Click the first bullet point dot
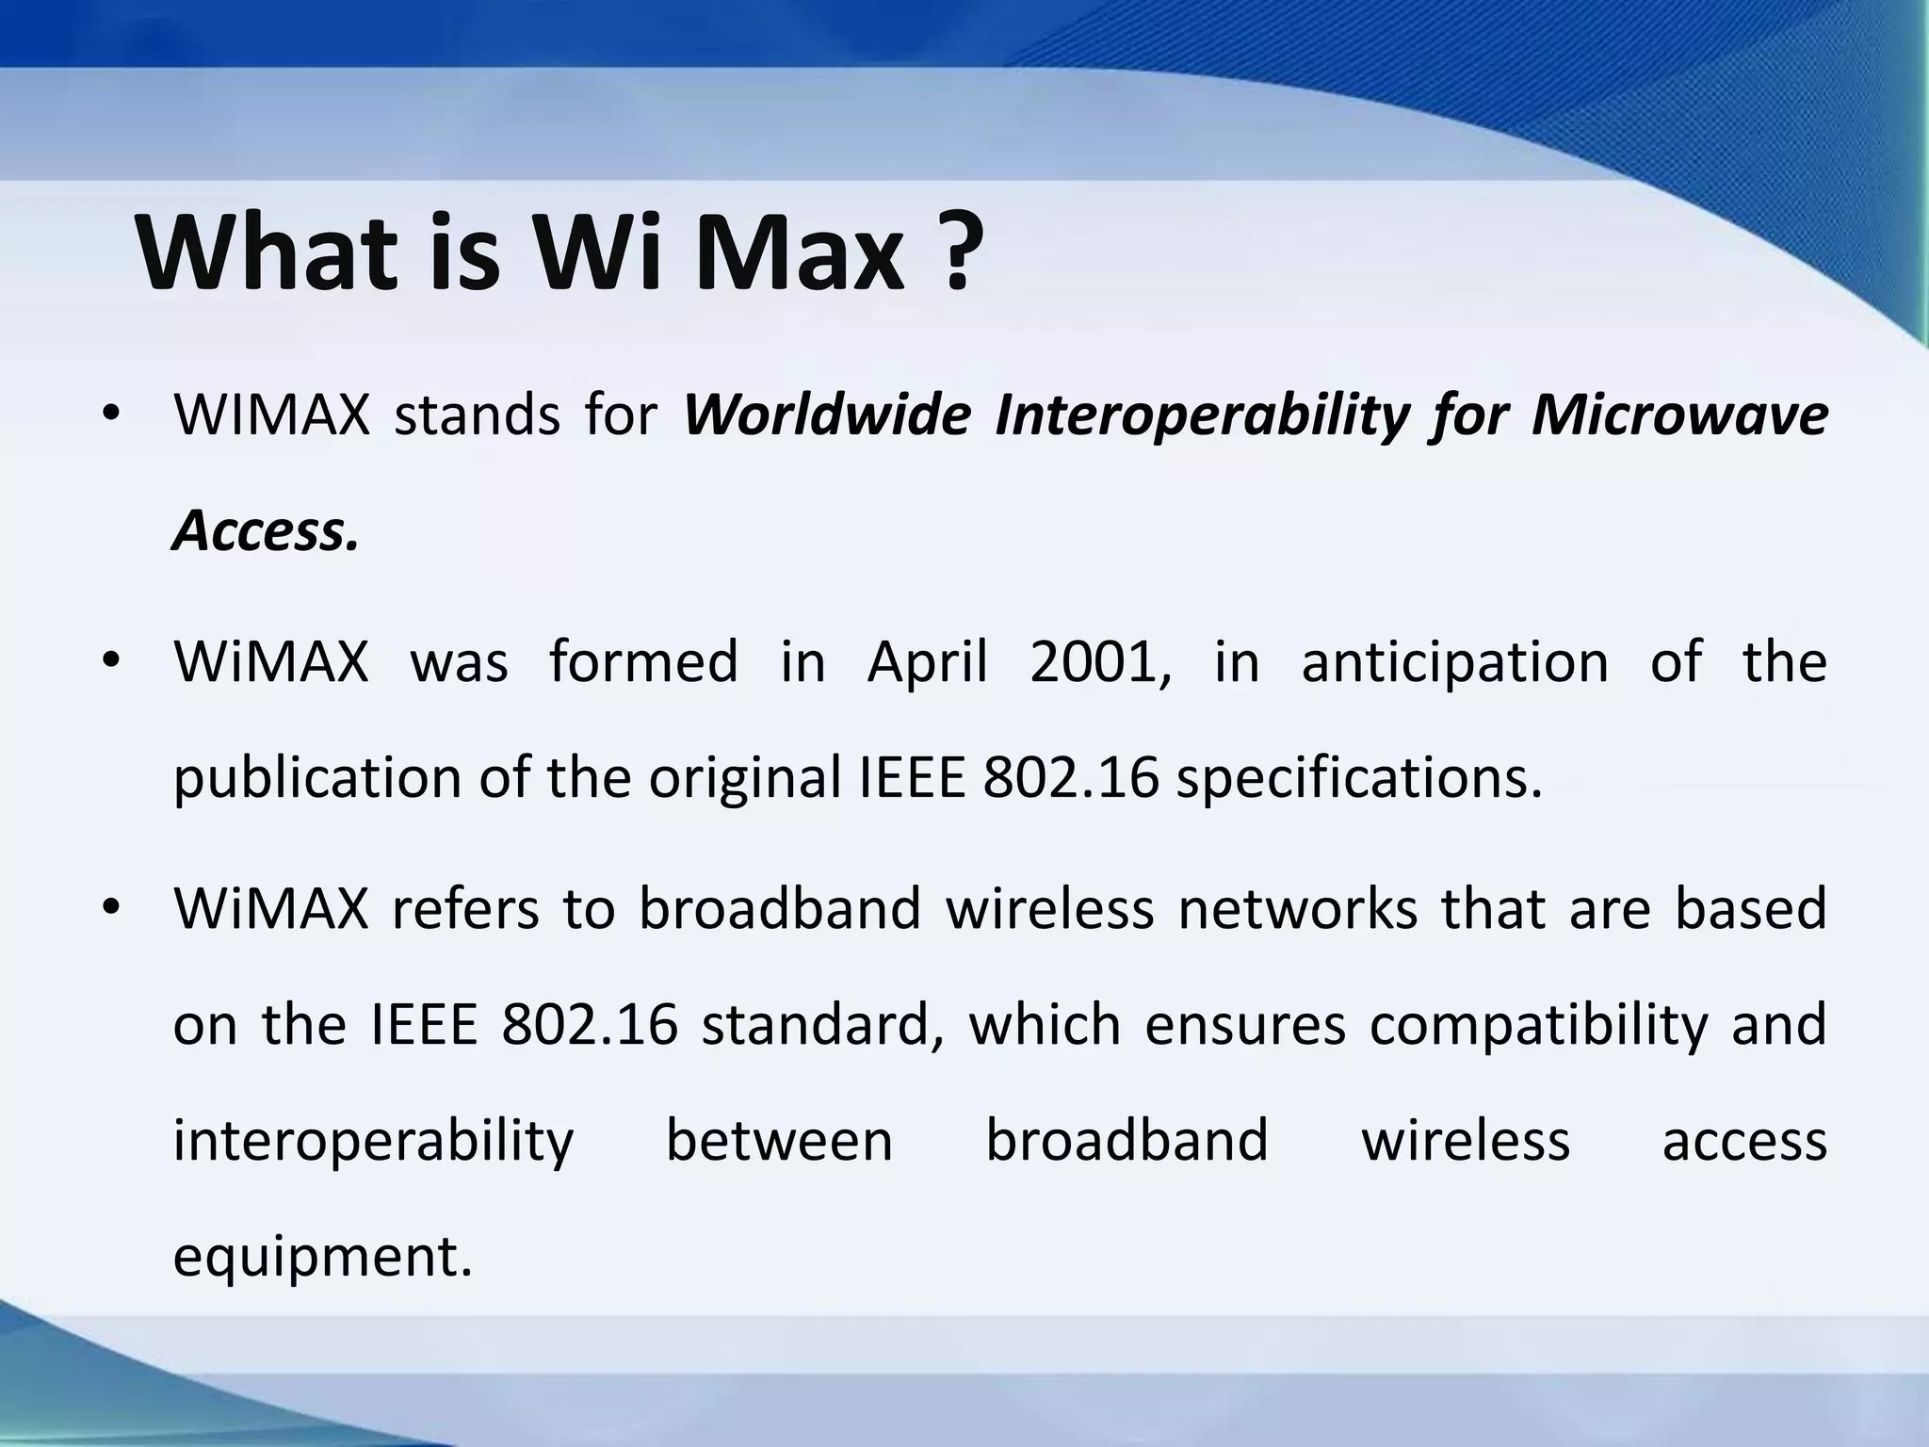pos(111,415)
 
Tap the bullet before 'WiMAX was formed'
pos(111,661)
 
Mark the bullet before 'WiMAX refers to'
pos(111,909)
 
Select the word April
pos(927,663)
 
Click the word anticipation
pos(1454,663)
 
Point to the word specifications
pos(1359,780)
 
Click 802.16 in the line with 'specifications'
pos(1070,778)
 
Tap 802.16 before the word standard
pos(590,1025)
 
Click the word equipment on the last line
pos(322,1259)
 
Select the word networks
pos(1298,909)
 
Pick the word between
pos(779,1141)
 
